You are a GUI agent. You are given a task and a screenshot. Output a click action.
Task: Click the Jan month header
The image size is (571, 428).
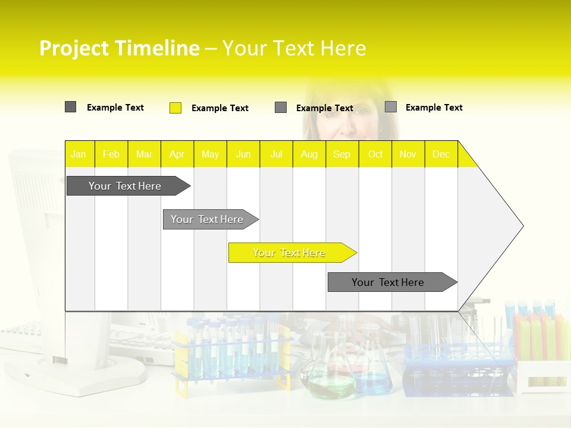(x=79, y=155)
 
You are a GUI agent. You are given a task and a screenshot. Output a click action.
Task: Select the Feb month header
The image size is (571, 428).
(x=111, y=155)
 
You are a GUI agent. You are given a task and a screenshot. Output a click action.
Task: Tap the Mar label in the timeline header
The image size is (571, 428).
(x=144, y=155)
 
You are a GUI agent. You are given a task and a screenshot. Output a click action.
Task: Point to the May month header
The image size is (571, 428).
(x=210, y=155)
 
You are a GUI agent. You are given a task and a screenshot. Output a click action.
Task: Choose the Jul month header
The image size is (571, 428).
(x=276, y=155)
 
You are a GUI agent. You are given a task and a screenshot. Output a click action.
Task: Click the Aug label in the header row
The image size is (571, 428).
(x=309, y=155)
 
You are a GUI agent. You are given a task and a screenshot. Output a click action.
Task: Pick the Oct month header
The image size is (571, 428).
(x=375, y=155)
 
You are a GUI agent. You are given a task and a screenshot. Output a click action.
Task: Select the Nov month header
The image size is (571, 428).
(x=408, y=155)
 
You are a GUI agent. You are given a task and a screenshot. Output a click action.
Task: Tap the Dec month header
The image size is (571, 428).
(x=441, y=155)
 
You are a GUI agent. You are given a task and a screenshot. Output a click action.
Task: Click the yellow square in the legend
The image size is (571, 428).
(x=175, y=108)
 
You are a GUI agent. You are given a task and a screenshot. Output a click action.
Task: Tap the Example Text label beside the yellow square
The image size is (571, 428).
(x=220, y=108)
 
